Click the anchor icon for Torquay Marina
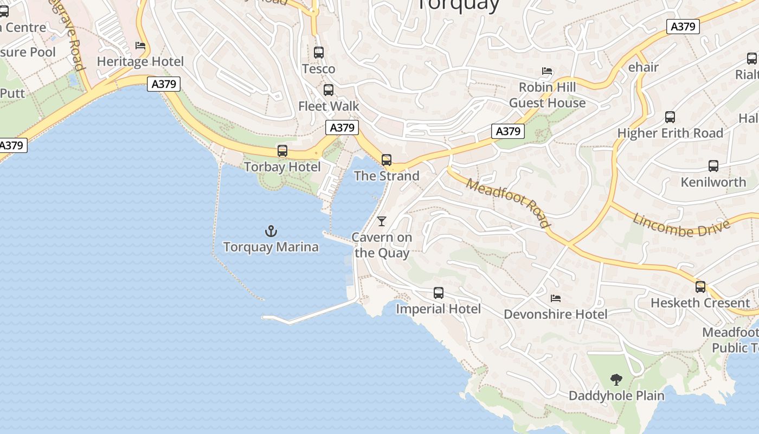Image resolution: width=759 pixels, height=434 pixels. [x=271, y=232]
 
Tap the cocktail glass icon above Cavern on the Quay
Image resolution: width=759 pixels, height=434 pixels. [x=382, y=221]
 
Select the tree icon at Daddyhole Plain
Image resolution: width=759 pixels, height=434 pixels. [x=616, y=380]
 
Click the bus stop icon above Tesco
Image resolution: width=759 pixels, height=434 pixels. [x=319, y=53]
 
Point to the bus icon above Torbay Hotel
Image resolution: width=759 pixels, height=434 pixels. [x=282, y=151]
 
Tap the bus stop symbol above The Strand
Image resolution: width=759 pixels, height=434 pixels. [x=387, y=160]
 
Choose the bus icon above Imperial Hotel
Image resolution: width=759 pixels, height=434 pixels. [x=439, y=293]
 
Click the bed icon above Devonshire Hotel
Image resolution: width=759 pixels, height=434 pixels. [x=555, y=298]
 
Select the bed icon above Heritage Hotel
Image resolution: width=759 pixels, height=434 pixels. [x=140, y=46]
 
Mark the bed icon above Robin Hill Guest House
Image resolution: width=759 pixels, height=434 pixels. [x=547, y=71]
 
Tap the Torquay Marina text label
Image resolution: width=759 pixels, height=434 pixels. [x=271, y=247]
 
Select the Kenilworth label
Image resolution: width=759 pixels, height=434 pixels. [x=713, y=182]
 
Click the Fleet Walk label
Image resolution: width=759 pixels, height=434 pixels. [x=329, y=106]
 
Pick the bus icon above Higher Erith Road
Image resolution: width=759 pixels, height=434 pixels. [x=670, y=117]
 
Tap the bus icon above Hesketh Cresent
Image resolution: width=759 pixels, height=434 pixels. [x=700, y=287]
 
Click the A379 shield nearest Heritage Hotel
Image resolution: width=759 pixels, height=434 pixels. [x=164, y=84]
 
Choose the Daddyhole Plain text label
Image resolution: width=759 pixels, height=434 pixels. [x=616, y=396]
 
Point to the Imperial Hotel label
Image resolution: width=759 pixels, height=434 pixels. [x=438, y=309]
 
